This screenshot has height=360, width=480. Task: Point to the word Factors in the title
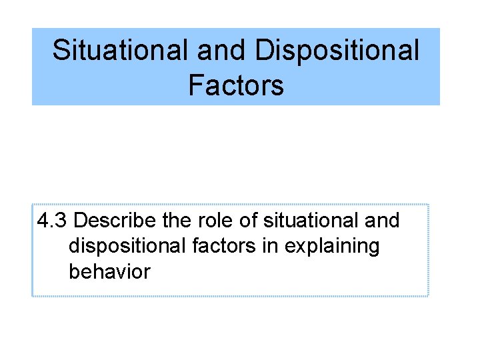tap(236, 85)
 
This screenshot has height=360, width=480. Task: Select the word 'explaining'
tap(331, 247)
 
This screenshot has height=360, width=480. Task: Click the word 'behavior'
tap(109, 271)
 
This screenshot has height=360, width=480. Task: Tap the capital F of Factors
tap(195, 85)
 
